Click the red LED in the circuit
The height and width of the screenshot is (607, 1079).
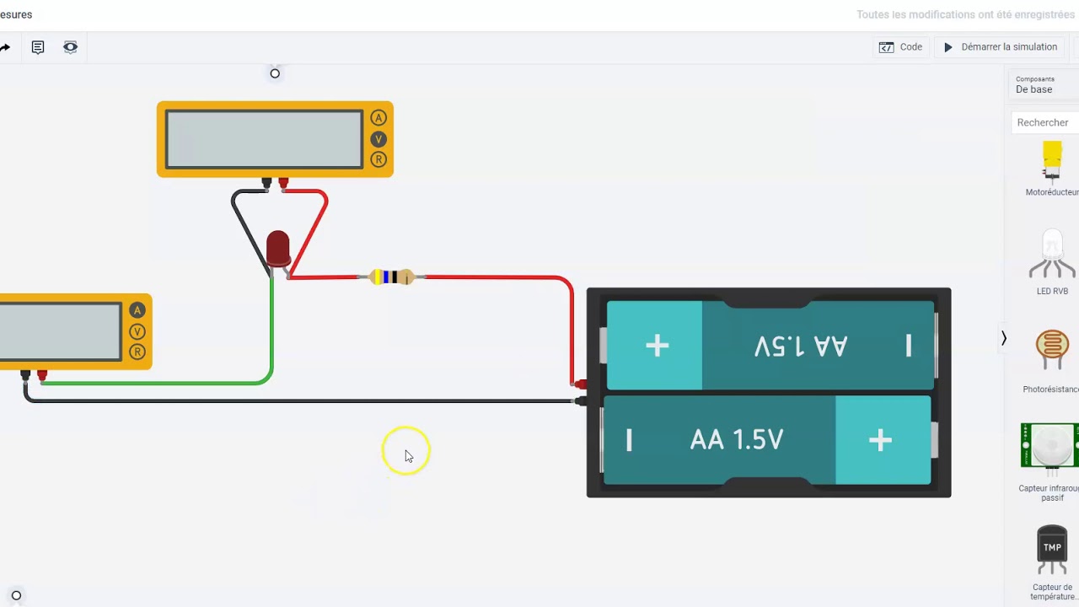coord(277,249)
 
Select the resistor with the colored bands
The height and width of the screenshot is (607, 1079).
coord(392,277)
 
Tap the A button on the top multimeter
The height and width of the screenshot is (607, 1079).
coord(378,118)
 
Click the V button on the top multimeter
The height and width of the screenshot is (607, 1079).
coord(378,139)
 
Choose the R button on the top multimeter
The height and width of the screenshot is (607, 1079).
coord(378,159)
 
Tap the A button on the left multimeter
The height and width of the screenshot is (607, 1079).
coord(137,311)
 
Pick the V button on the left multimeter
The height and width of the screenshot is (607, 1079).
coord(137,331)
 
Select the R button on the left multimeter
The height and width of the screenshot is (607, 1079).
coord(137,352)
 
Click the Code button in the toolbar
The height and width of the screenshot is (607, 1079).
coord(901,47)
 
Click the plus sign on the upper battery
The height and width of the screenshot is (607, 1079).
coord(657,346)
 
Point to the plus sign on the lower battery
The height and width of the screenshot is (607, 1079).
coord(880,440)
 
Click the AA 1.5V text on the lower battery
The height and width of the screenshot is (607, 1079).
coord(736,440)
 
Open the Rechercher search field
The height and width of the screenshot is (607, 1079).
coord(1044,123)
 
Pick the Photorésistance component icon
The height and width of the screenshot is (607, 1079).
coord(1052,350)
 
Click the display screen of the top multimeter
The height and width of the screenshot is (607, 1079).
coord(264,139)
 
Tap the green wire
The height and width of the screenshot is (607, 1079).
coord(169,383)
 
